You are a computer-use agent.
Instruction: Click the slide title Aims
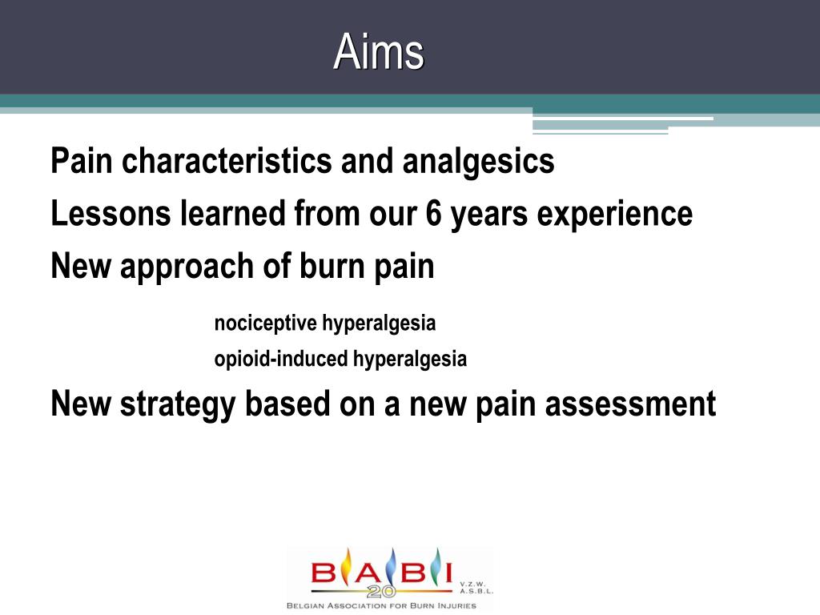pos(379,52)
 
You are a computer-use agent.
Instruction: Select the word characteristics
pos(227,160)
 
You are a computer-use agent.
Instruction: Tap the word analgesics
pos(478,162)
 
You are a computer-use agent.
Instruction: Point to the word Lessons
pos(111,213)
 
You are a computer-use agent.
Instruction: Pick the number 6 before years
pos(433,213)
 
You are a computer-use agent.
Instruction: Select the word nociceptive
pos(265,324)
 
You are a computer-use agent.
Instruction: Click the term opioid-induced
pos(281,360)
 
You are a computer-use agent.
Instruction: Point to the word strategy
pos(177,405)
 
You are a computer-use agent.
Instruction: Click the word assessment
pos(630,404)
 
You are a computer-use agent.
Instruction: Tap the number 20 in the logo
pos(381,592)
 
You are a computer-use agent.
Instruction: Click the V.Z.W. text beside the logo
pos(473,584)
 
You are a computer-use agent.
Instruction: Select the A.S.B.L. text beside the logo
pos(476,592)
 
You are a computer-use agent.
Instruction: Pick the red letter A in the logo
pos(370,573)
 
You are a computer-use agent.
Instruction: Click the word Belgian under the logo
pos(305,606)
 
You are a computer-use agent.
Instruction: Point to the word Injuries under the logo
pos(457,606)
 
